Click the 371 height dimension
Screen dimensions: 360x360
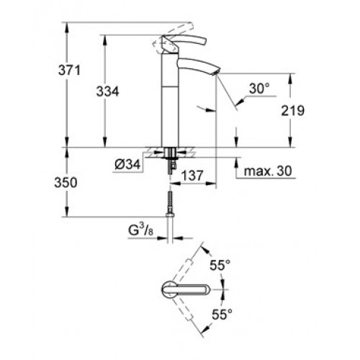(69, 71)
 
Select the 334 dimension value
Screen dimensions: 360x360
(107, 91)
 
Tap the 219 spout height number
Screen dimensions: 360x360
(292, 111)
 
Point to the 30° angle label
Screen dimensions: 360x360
(259, 89)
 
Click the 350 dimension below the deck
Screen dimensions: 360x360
(66, 183)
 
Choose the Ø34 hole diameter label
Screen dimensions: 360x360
(127, 165)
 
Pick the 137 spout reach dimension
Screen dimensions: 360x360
(192, 176)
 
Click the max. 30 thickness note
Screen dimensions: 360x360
(268, 171)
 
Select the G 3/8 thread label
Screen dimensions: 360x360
(140, 230)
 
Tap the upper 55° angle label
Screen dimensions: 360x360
(220, 265)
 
